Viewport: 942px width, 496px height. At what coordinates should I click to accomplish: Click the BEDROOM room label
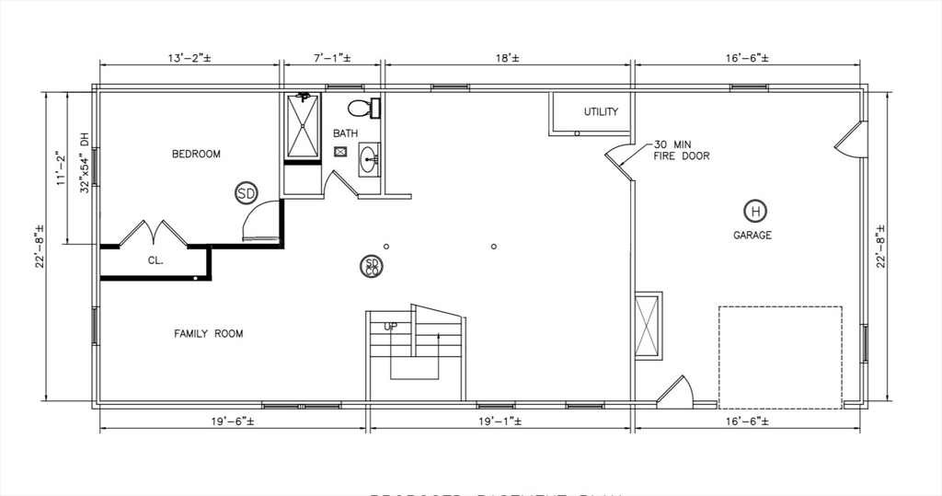click(x=196, y=154)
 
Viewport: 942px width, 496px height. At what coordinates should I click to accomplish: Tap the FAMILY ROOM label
click(x=209, y=333)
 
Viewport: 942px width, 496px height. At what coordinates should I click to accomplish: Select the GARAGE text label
click(x=752, y=236)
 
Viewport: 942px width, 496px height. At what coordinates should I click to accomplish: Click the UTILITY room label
click(x=601, y=112)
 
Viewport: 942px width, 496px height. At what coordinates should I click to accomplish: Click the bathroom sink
click(x=370, y=159)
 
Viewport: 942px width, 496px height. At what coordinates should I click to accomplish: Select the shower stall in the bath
click(x=303, y=127)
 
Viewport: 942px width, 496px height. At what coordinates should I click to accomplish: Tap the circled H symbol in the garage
click(x=754, y=212)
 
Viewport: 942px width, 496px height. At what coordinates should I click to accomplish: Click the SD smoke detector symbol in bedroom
click(x=246, y=193)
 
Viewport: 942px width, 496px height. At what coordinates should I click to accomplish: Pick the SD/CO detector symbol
click(x=372, y=266)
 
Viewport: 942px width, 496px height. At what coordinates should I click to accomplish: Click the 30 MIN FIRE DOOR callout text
click(x=681, y=151)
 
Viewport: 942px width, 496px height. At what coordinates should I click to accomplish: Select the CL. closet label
click(x=155, y=260)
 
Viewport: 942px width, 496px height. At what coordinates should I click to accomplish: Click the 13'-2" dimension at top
click(x=190, y=58)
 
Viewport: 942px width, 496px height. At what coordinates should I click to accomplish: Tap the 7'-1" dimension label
click(x=332, y=58)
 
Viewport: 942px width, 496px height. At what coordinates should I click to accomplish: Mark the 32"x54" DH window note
click(x=84, y=162)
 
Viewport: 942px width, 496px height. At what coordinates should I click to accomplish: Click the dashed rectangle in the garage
click(x=780, y=357)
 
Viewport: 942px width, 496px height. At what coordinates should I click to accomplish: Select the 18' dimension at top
click(x=507, y=58)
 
